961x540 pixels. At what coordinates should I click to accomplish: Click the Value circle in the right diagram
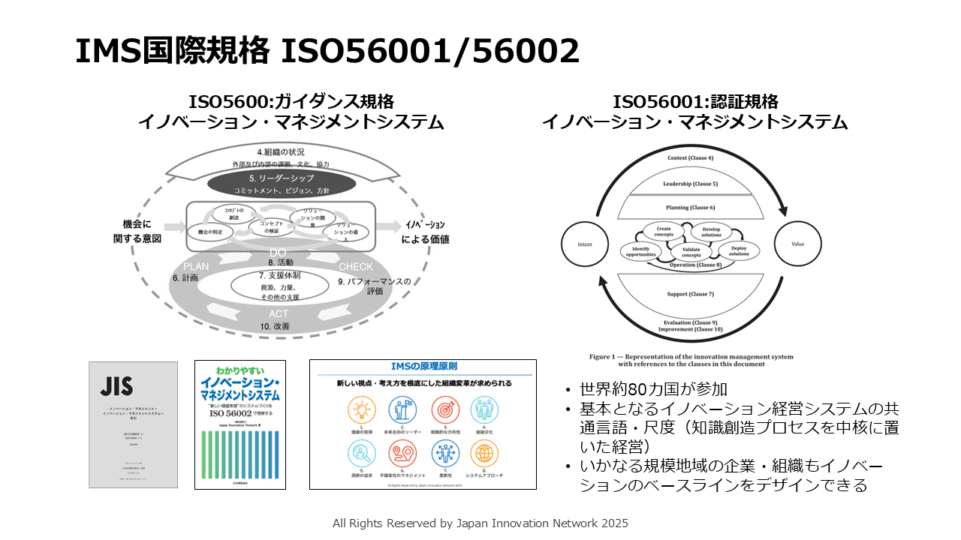coord(797,244)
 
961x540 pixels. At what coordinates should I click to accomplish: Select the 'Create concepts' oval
coord(664,232)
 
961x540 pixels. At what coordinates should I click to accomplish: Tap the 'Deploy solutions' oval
coord(739,250)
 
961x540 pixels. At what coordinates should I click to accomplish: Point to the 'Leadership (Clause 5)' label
coord(690,184)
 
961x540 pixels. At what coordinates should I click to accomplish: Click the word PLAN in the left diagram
coord(196,266)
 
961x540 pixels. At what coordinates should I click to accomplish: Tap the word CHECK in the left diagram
coord(355,267)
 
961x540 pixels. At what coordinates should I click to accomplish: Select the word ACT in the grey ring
coord(279,313)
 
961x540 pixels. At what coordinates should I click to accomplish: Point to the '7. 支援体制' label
coord(279,275)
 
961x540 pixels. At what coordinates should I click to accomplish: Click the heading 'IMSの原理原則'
coord(423,366)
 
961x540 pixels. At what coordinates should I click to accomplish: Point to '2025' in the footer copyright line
coord(613,523)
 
